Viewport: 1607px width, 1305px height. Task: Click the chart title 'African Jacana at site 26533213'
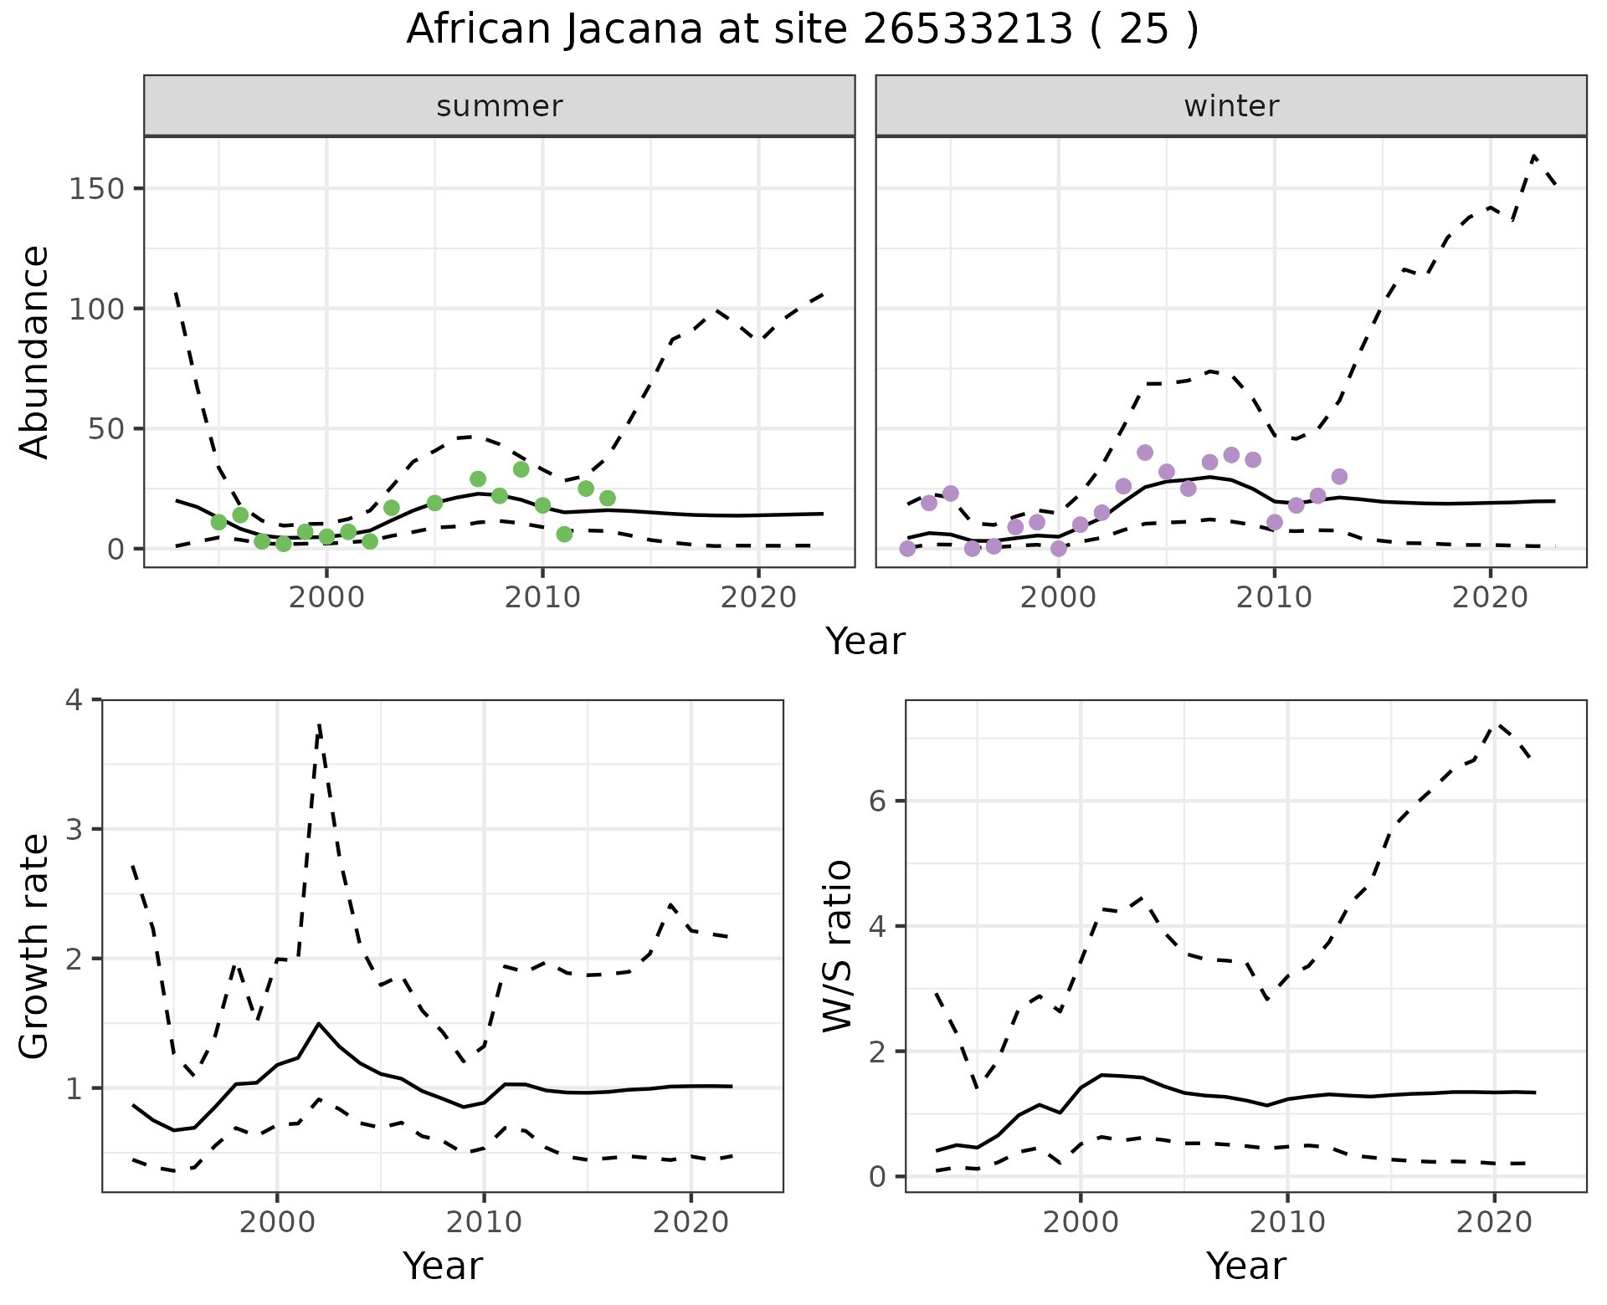[802, 30]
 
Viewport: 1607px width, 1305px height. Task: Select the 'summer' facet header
[499, 106]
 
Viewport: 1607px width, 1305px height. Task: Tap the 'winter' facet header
[1230, 106]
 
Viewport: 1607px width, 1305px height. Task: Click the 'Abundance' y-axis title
[35, 351]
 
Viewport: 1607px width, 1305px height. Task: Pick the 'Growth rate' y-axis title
[35, 947]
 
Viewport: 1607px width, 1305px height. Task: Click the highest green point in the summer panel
[521, 469]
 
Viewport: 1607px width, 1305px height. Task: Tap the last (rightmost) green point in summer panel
[608, 499]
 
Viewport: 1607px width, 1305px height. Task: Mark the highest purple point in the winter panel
[1145, 453]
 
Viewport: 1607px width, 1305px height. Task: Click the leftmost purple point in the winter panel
[907, 549]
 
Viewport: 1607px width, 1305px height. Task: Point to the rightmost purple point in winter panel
[1339, 477]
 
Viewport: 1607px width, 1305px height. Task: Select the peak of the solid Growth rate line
[319, 1023]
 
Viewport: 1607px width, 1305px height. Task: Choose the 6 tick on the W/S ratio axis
[877, 801]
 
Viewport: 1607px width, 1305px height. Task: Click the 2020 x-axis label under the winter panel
[1490, 597]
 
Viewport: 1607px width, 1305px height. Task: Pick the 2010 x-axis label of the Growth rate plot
[484, 1222]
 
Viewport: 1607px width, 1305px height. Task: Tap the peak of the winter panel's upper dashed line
[1533, 155]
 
